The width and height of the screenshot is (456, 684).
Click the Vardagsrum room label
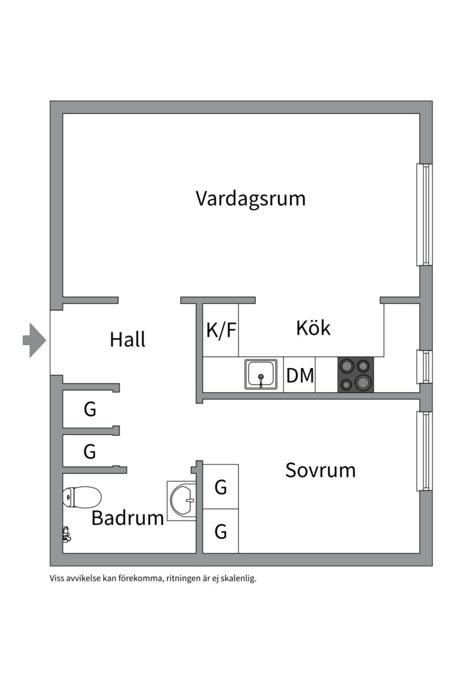click(x=250, y=199)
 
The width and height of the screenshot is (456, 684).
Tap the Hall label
click(x=127, y=339)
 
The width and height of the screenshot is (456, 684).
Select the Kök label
click(x=313, y=327)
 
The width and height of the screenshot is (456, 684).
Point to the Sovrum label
click(x=320, y=470)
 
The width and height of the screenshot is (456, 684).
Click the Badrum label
click(x=127, y=518)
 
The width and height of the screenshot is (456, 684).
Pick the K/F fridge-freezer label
click(x=221, y=330)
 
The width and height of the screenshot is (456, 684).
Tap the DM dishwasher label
click(x=300, y=375)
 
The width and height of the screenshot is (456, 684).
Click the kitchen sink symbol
click(x=261, y=374)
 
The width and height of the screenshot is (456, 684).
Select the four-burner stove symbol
click(x=356, y=374)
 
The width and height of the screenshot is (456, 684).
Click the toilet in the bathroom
click(x=82, y=497)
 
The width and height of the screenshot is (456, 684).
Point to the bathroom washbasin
click(x=182, y=501)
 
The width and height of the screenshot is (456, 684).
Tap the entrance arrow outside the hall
click(x=34, y=340)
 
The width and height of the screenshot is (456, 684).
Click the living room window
click(x=424, y=215)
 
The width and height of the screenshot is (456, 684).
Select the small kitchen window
click(x=424, y=367)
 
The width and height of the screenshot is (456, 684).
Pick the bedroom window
click(x=424, y=451)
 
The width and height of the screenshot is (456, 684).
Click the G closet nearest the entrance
click(x=90, y=409)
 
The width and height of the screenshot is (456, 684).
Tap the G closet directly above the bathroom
click(x=90, y=452)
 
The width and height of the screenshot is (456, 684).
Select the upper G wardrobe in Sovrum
click(x=221, y=487)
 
